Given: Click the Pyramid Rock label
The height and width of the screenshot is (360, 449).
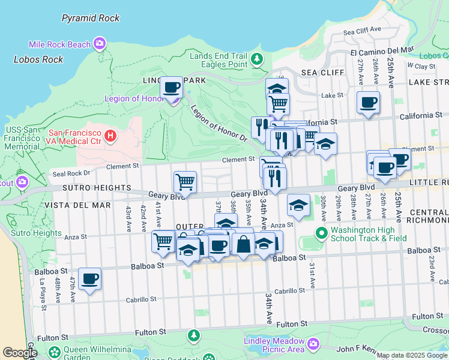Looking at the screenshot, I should point(91,18).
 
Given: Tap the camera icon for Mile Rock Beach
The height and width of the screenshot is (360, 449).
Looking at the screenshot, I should point(99,43).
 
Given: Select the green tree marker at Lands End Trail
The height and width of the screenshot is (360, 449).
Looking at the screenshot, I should point(257,59).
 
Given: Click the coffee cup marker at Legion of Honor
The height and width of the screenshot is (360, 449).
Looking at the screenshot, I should point(172,88).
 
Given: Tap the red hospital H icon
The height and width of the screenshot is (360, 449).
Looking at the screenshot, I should point(110,136).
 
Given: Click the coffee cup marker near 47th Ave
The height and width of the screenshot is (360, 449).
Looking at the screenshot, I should point(90,278).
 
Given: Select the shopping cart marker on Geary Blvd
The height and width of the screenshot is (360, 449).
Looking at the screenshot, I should point(185,181).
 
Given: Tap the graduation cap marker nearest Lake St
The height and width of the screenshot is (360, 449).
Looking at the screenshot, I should point(277,89).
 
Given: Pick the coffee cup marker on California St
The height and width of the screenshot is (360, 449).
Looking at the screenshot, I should point(368,101).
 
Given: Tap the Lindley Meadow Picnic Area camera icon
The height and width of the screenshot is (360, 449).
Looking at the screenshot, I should point(313,344).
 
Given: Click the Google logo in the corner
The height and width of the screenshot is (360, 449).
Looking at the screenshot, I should point(20,353).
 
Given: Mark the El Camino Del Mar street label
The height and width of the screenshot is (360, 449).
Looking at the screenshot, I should point(382,50).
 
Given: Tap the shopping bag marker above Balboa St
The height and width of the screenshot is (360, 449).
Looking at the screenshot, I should point(243,245).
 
